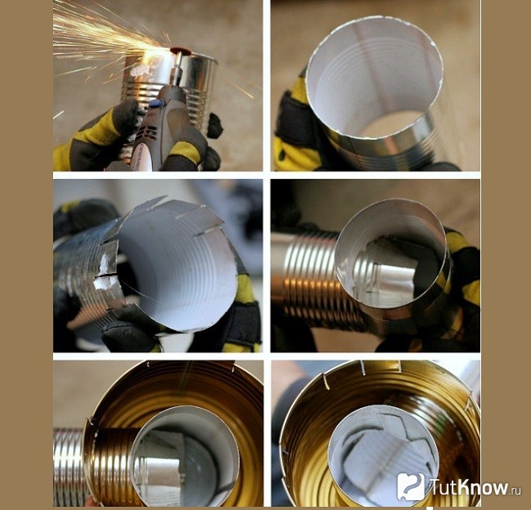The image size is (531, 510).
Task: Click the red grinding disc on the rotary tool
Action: pos(181,51)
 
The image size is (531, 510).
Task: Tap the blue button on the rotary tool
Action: pos(155,103)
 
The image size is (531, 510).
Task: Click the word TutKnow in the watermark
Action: pos(468,487)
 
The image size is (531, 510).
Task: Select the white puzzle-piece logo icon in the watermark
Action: pos(410,486)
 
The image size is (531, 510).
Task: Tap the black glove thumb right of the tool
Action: pos(214,125)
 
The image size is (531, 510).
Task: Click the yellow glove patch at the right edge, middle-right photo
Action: pos(472,292)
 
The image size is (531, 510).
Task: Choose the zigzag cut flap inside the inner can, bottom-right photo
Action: pos(382,450)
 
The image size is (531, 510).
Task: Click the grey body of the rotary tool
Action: pos(159,132)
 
